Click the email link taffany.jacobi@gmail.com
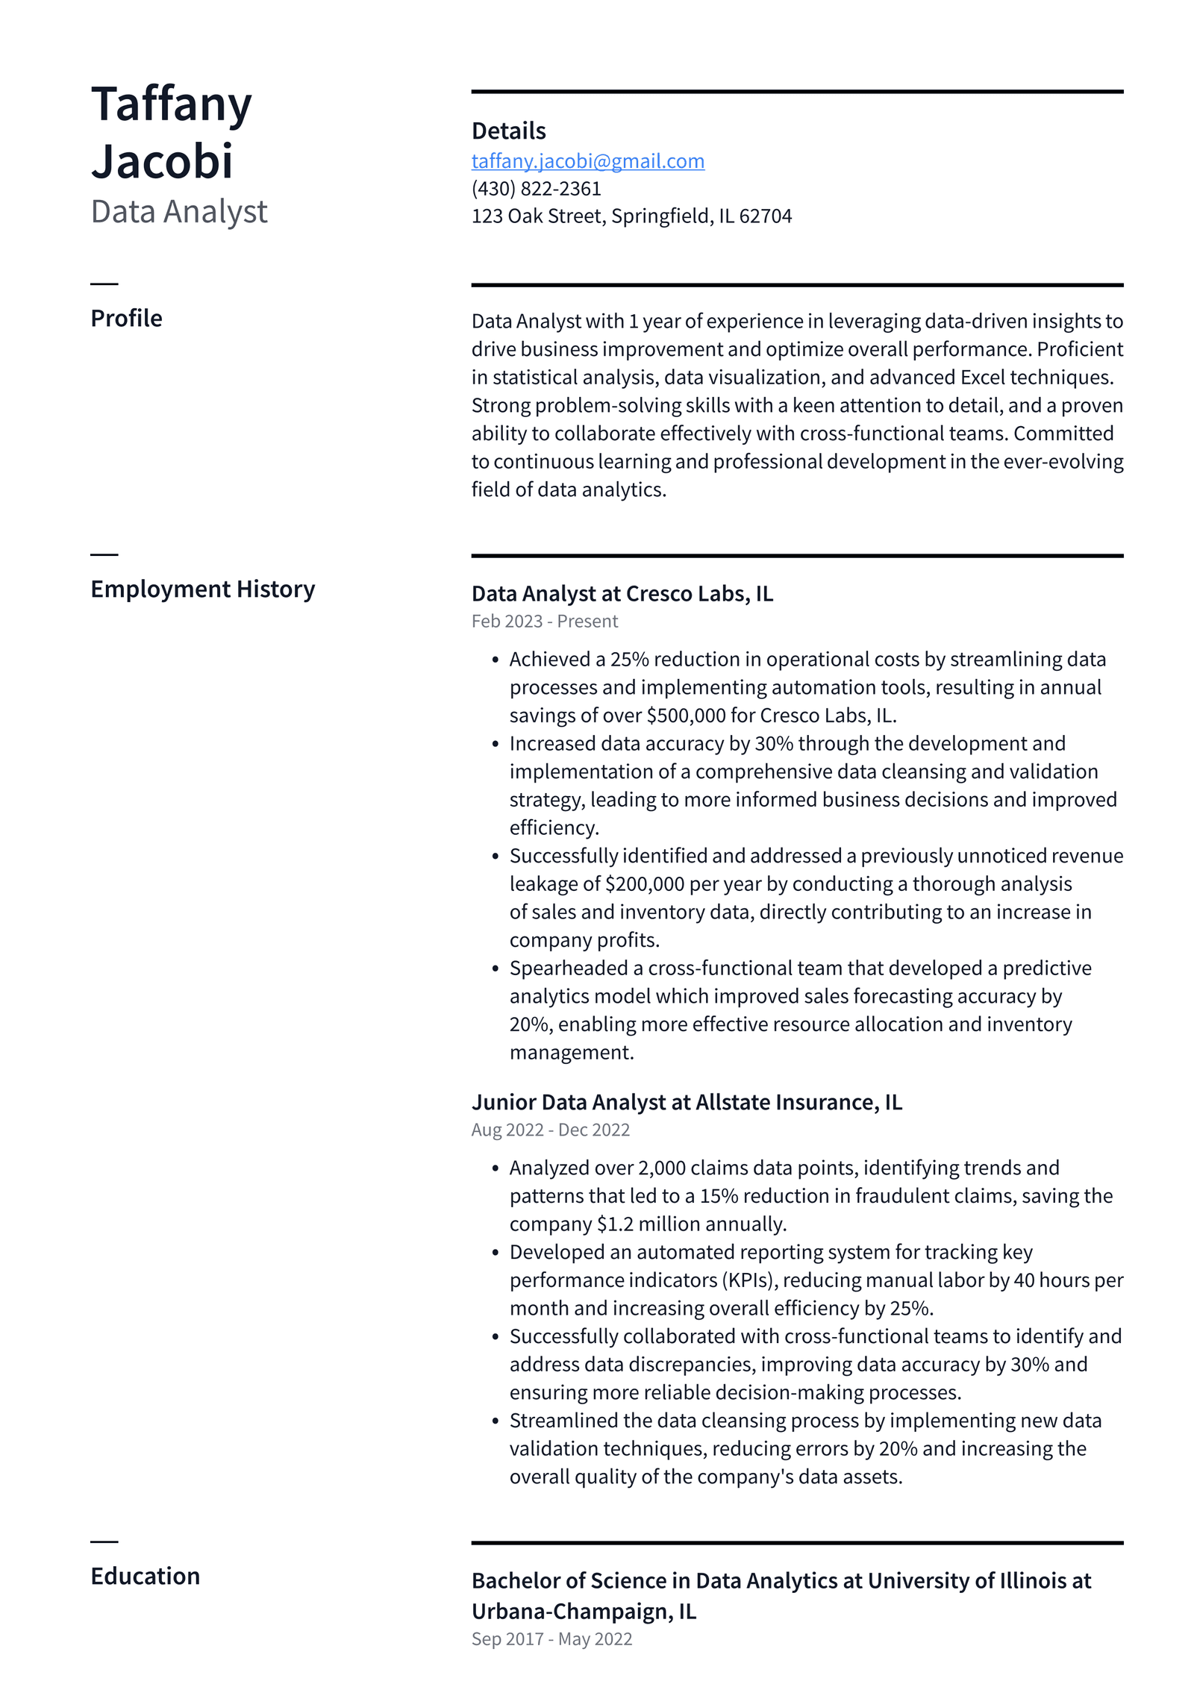(x=587, y=161)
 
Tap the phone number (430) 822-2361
(x=536, y=189)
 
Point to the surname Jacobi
(x=162, y=161)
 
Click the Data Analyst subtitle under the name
(x=178, y=212)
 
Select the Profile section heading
(x=126, y=319)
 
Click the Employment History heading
(x=202, y=589)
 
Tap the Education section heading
(x=145, y=1577)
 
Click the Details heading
(x=508, y=131)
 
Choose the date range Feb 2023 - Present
(x=544, y=622)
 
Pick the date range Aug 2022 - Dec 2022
(x=550, y=1130)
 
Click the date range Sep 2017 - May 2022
(x=551, y=1639)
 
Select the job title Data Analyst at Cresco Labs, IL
(x=622, y=594)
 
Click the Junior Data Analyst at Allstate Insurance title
(x=686, y=1102)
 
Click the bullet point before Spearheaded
(x=495, y=969)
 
